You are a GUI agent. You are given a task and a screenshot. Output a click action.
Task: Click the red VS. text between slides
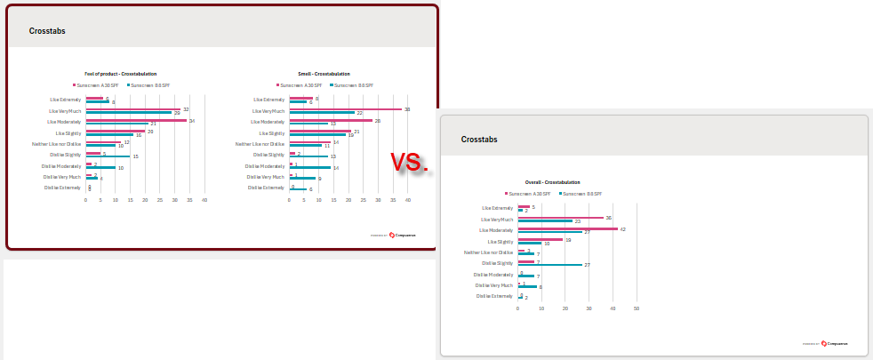410,162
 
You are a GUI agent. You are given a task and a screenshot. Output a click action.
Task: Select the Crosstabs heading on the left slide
47,31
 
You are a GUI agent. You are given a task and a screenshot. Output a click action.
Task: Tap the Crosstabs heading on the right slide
479,140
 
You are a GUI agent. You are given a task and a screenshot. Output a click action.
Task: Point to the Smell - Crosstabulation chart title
324,74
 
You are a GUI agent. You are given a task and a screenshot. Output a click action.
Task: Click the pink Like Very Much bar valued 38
346,109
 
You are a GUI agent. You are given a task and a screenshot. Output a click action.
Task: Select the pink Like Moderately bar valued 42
567,228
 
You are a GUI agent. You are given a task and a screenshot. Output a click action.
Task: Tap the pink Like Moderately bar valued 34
136,120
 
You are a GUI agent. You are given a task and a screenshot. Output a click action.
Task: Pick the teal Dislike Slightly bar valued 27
549,265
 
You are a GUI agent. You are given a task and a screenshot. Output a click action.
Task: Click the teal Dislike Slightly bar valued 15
108,156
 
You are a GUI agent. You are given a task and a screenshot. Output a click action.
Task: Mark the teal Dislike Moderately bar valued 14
310,168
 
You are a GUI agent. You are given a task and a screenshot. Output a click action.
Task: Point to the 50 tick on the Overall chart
637,308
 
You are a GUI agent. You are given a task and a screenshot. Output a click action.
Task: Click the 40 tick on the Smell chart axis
408,200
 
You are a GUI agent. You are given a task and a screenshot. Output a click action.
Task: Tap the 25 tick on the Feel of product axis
160,200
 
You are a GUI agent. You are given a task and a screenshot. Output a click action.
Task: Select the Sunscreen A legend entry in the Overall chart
529,194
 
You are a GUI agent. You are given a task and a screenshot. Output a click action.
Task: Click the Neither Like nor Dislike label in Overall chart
493,252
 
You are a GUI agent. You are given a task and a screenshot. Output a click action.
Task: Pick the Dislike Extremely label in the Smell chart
266,188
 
